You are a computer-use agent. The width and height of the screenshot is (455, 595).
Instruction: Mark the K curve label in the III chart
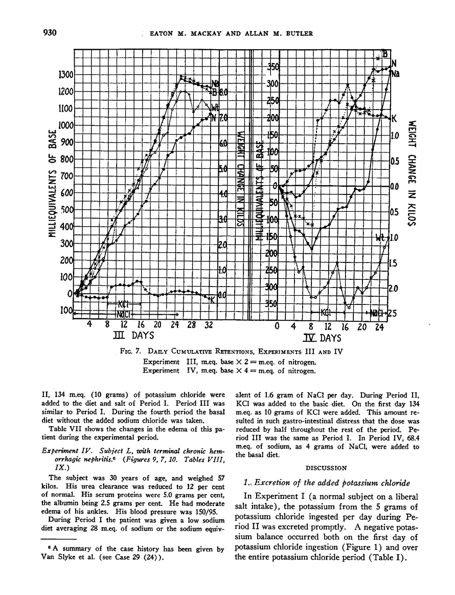click(x=213, y=300)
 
